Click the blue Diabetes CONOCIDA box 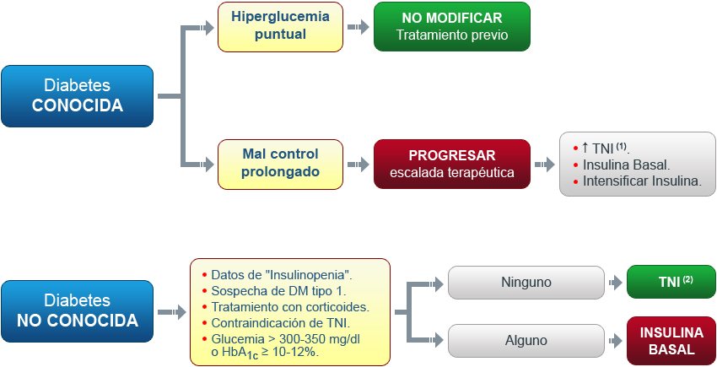pos(78,96)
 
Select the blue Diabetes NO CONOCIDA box pos(78,311)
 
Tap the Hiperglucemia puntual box pos(274,27)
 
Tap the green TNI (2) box pos(671,282)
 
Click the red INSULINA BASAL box pos(671,341)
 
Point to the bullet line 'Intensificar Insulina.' pos(637,181)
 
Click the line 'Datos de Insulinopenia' pos(281,275)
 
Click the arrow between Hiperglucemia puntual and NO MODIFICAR pos(359,27)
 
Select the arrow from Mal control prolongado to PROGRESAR pos(359,164)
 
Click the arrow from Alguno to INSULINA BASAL pos(615,341)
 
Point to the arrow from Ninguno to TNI pos(615,282)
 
